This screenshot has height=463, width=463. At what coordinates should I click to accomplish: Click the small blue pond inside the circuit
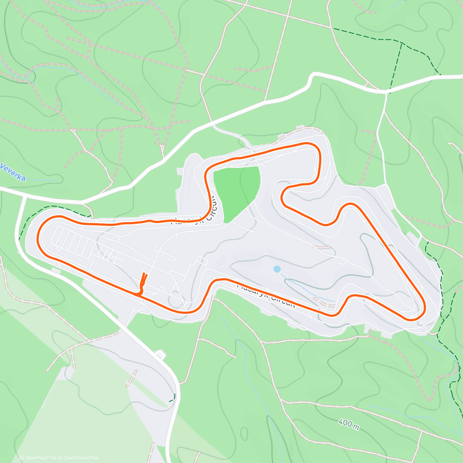[276, 269]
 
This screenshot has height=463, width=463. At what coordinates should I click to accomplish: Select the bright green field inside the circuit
[236, 191]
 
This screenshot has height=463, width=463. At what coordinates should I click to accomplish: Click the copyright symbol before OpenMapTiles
[22, 458]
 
